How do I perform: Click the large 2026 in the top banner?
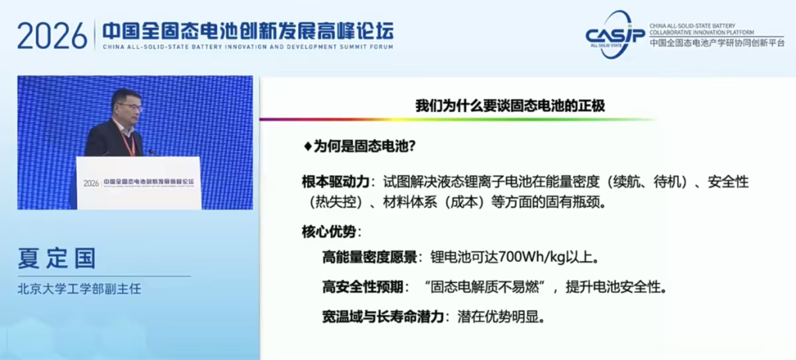pos(52,36)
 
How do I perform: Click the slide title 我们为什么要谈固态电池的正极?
pos(510,106)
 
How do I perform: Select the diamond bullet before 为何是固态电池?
pos(307,147)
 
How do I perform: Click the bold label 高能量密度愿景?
pos(369,257)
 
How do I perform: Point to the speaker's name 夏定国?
pos(56,257)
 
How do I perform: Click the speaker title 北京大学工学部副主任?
pos(79,289)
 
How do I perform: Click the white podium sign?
pos(138,183)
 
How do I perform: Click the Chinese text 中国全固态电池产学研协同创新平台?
pos(717,44)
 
